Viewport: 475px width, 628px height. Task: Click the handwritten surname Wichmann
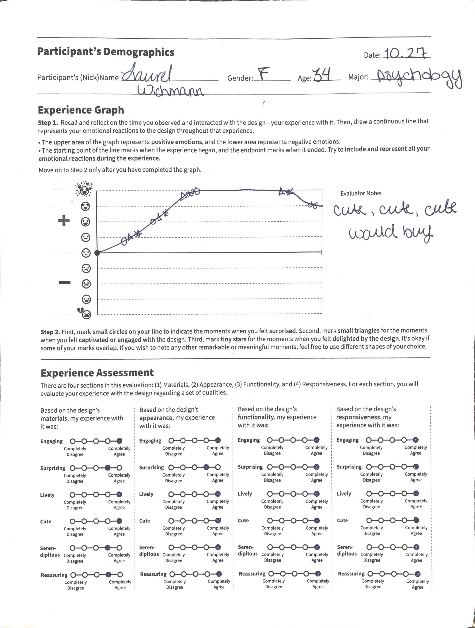(170, 92)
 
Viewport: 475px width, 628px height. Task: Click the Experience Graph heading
(81, 110)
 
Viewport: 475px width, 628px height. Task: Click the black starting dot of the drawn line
(97, 253)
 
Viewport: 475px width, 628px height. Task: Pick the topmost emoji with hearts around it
(84, 189)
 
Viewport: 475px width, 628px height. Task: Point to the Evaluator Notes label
(361, 193)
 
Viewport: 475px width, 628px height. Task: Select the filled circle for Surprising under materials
(108, 468)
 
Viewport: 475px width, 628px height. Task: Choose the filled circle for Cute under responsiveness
(416, 520)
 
